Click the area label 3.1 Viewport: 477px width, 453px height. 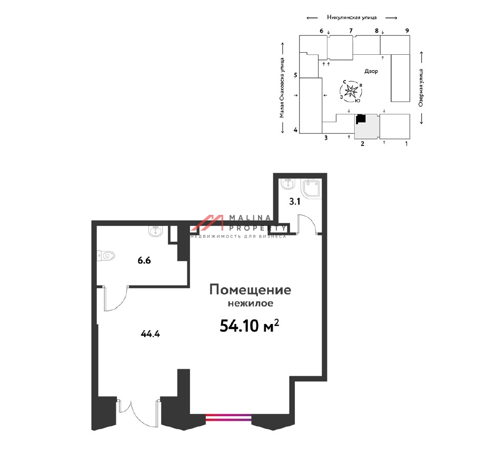(x=294, y=202)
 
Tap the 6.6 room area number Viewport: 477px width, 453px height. (x=144, y=261)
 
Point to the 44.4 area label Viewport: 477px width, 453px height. (x=150, y=334)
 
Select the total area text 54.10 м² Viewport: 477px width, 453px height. (x=249, y=326)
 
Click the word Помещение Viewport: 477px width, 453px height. (x=250, y=290)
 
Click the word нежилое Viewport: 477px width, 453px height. (x=251, y=303)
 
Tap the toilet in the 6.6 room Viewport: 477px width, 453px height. (x=106, y=255)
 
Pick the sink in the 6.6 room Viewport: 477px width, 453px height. (x=156, y=231)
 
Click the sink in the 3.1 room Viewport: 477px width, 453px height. (x=287, y=184)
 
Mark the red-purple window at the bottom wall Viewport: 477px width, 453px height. (x=229, y=417)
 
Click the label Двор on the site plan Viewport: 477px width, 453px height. (x=371, y=71)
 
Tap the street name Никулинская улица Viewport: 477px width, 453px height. (x=352, y=17)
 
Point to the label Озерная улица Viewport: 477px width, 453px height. (x=421, y=87)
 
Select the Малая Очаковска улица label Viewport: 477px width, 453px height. (x=282, y=87)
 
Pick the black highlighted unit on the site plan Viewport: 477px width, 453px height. (x=361, y=119)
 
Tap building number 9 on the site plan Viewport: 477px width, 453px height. (x=407, y=31)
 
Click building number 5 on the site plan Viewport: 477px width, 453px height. (x=295, y=75)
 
